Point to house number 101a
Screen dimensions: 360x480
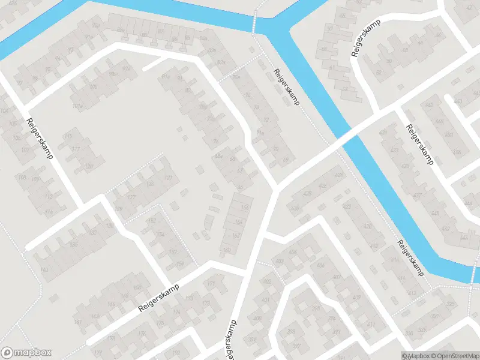76,106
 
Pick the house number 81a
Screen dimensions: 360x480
166,77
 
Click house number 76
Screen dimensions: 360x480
215,142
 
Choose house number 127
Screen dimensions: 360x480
131,197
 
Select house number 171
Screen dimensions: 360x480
210,283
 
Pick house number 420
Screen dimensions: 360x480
307,194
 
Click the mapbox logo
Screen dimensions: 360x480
26,353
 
